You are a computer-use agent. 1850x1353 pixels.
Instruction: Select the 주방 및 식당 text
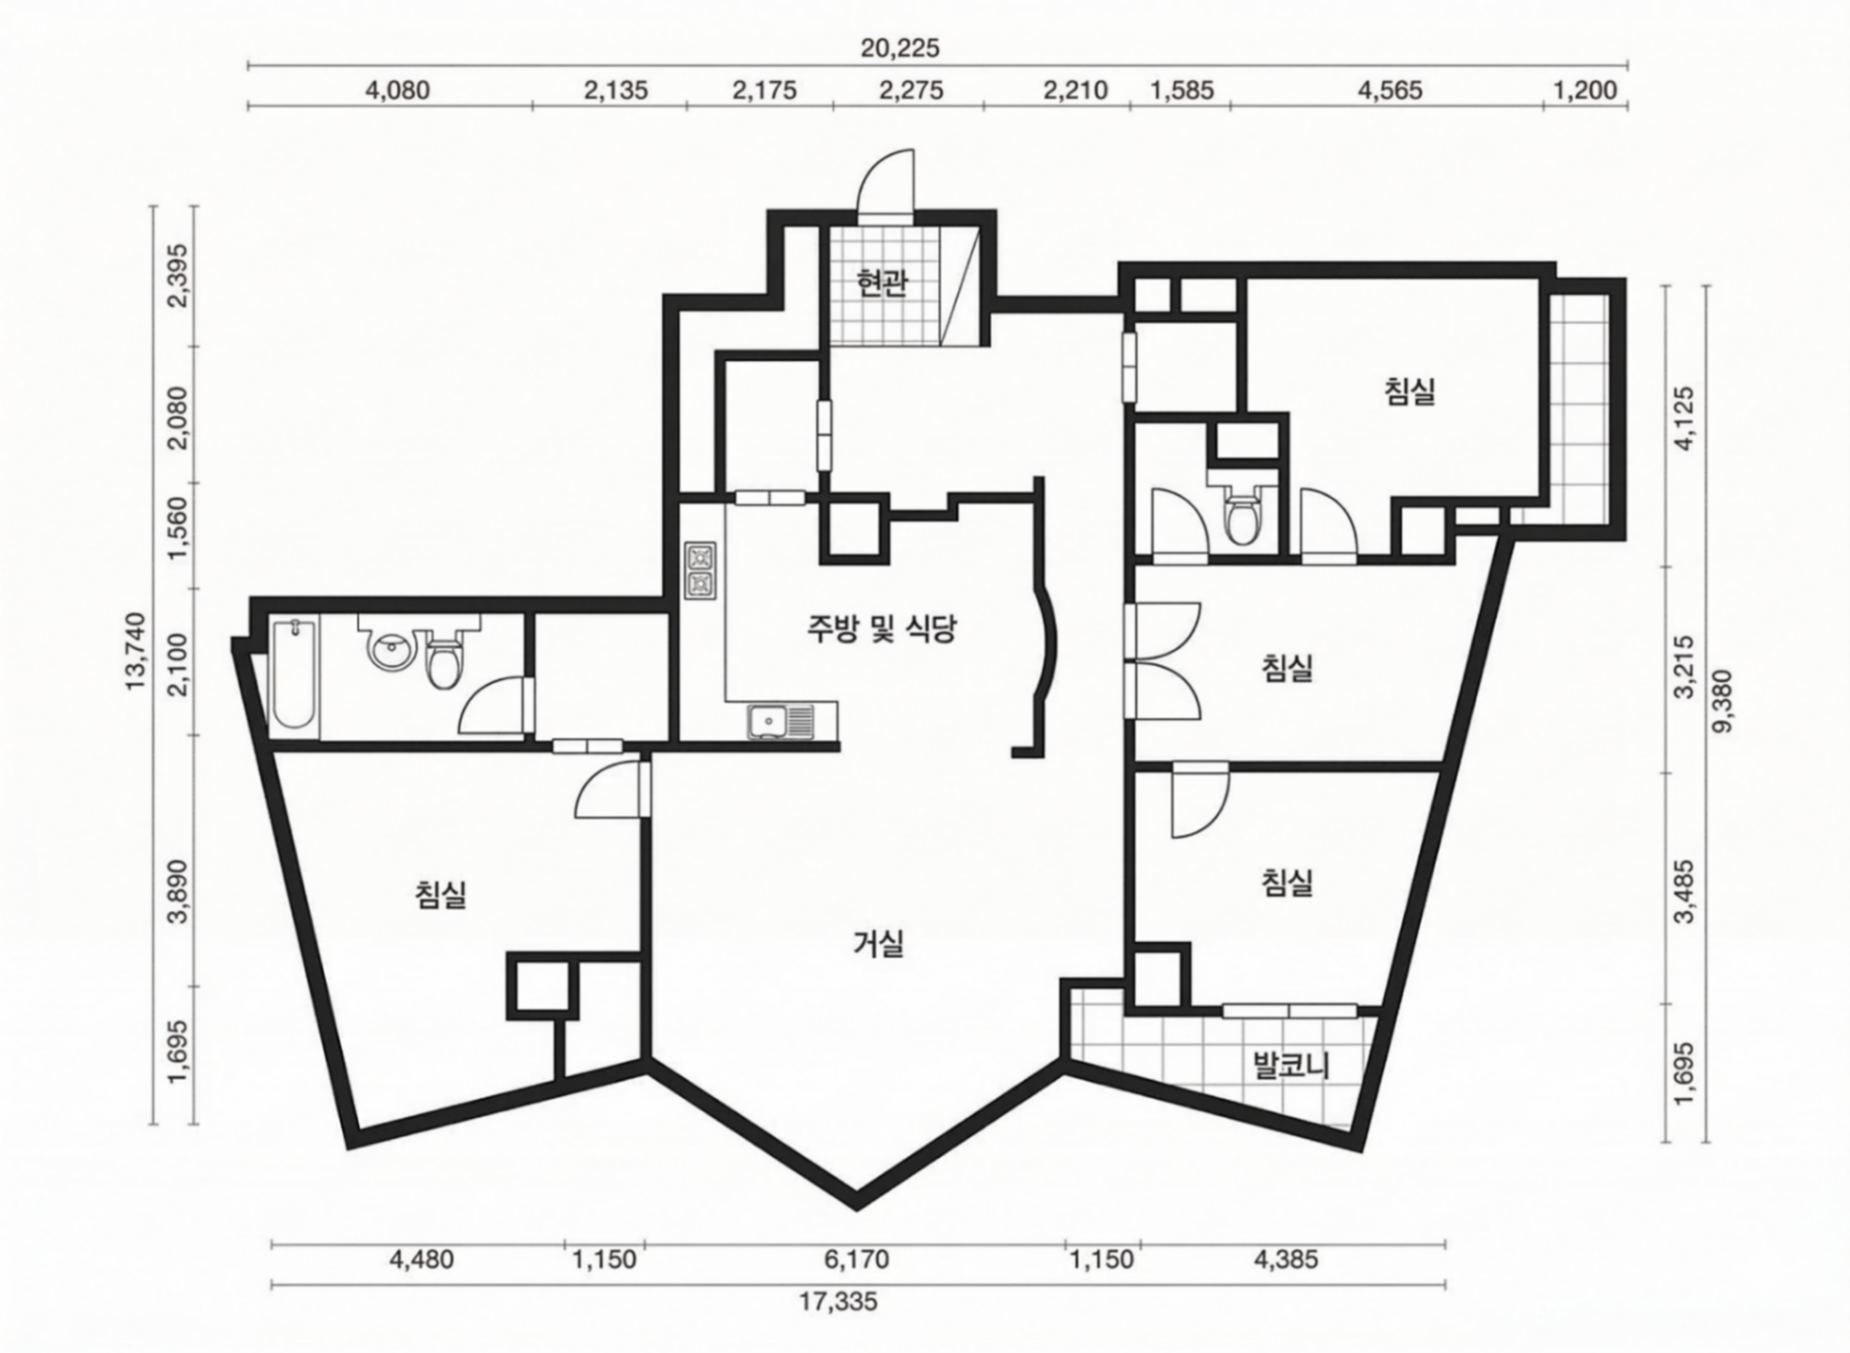881,629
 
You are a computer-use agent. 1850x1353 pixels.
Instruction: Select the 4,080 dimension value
397,90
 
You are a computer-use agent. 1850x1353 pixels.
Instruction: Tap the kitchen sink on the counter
780,721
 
